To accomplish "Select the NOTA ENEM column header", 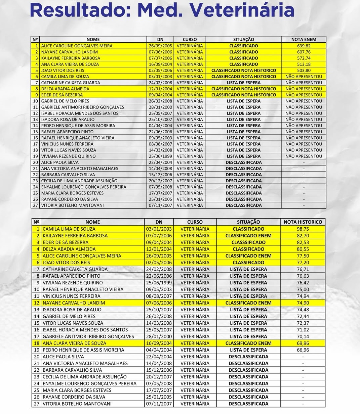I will (304, 40).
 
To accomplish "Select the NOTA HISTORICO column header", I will (303, 222).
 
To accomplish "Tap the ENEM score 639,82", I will (304, 46).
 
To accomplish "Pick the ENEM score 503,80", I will (304, 71).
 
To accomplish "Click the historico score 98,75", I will (303, 229).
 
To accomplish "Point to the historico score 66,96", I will (303, 350).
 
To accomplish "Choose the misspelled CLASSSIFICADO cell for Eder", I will (248, 242).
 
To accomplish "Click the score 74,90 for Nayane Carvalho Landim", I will (303, 303).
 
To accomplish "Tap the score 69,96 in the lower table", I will (303, 343).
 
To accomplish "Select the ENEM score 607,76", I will (304, 52).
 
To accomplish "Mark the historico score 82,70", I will (303, 236).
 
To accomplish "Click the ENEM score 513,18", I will (304, 64).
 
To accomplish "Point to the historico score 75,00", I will (303, 289).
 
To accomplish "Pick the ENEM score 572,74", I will (304, 58).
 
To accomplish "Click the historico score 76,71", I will (303, 269).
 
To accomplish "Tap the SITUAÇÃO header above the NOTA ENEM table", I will (243, 40).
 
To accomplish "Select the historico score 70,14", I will (303, 336).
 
